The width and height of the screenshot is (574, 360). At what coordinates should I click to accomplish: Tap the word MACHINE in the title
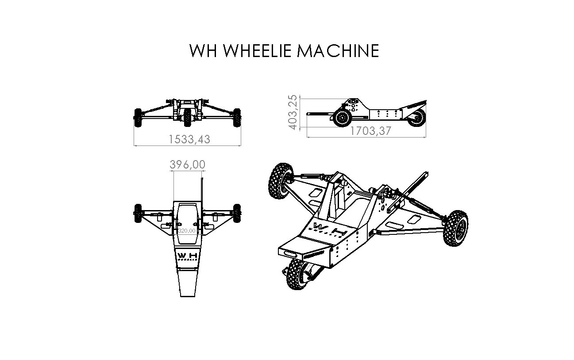338,51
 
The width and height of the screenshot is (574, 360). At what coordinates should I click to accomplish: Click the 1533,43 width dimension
189,139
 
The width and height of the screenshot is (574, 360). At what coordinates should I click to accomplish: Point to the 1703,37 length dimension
371,131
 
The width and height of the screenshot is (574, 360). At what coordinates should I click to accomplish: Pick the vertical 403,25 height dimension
293,112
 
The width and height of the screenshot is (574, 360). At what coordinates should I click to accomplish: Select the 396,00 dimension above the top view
187,165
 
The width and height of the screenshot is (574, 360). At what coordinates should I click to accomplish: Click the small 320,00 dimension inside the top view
187,231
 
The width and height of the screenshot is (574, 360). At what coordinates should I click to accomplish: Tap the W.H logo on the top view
188,257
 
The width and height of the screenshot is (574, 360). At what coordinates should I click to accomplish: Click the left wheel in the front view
137,117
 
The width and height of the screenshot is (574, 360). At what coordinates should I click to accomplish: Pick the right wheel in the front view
238,117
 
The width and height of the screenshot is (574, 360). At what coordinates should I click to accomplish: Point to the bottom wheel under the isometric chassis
297,274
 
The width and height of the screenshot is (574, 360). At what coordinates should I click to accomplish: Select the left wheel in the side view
342,118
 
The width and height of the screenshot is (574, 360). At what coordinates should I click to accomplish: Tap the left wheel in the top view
137,214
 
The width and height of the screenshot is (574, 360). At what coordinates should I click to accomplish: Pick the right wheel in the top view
237,214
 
